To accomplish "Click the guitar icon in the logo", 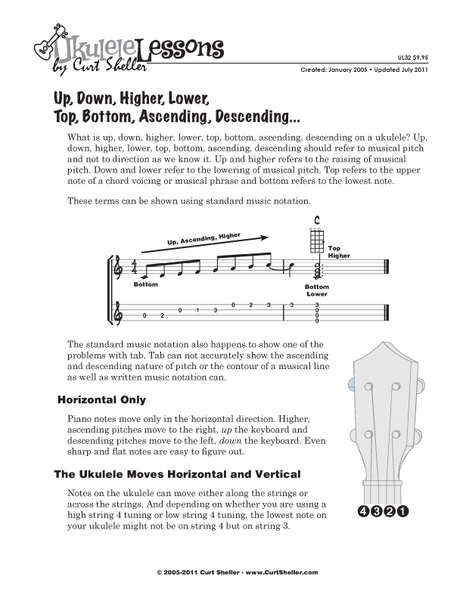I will click(44, 47).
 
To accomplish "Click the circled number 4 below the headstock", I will click(364, 512).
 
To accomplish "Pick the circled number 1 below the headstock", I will click(403, 512).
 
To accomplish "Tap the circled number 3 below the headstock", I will click(377, 512).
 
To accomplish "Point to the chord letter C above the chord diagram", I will click(317, 221).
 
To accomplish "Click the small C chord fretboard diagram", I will click(317, 240).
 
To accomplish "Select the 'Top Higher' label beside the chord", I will click(334, 252).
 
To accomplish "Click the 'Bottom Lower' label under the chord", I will click(317, 290).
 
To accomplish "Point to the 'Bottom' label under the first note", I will click(146, 284).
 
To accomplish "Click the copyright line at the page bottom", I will click(231, 573).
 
